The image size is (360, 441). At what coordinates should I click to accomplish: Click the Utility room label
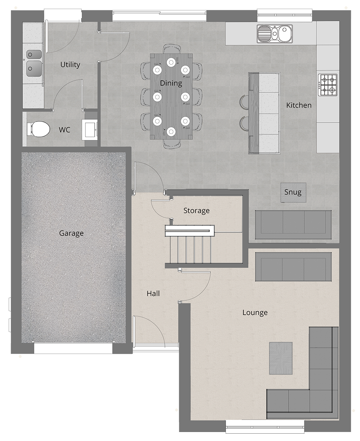[x=70, y=64]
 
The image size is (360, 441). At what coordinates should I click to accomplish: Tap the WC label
[x=64, y=130]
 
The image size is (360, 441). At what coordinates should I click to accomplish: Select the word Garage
[x=71, y=233]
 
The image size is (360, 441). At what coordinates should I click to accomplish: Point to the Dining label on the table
[x=171, y=83]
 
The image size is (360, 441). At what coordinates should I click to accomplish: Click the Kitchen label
[x=299, y=105]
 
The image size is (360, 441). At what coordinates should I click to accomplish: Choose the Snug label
[x=293, y=192]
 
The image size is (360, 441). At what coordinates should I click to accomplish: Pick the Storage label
[x=196, y=211]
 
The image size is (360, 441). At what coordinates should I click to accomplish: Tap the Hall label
[x=153, y=294]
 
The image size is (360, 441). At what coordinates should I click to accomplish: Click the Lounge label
[x=255, y=313]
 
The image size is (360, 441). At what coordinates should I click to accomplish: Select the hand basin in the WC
[x=90, y=130]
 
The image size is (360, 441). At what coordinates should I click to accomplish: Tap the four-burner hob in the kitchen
[x=328, y=85]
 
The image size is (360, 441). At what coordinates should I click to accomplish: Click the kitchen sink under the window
[x=275, y=33]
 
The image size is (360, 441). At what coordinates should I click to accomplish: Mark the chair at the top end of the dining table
[x=172, y=49]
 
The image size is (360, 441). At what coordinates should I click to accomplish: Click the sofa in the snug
[x=293, y=225]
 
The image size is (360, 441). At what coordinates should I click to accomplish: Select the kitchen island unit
[x=264, y=113]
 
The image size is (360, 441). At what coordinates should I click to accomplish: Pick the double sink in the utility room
[x=34, y=63]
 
